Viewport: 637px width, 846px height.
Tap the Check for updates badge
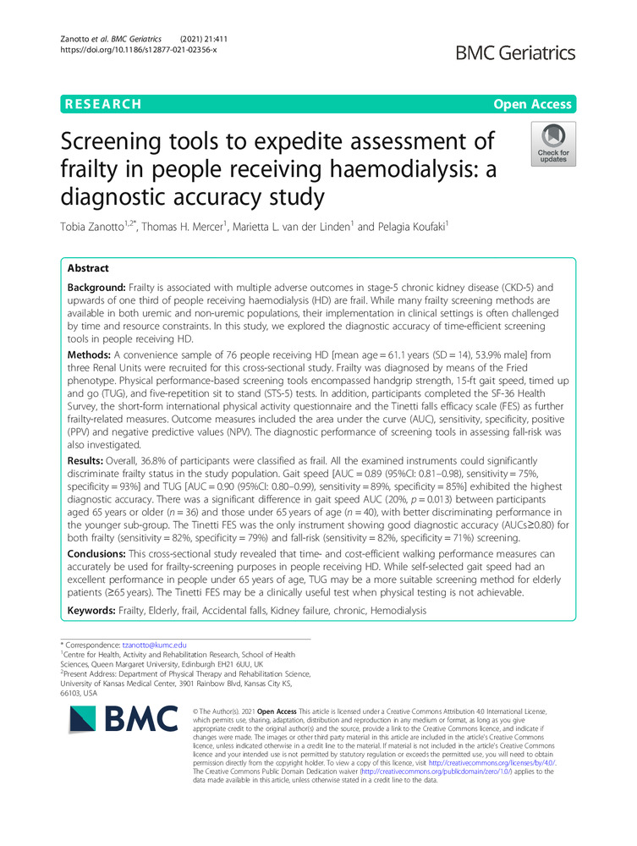pos(552,143)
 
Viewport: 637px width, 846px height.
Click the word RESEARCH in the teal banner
pos(101,104)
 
